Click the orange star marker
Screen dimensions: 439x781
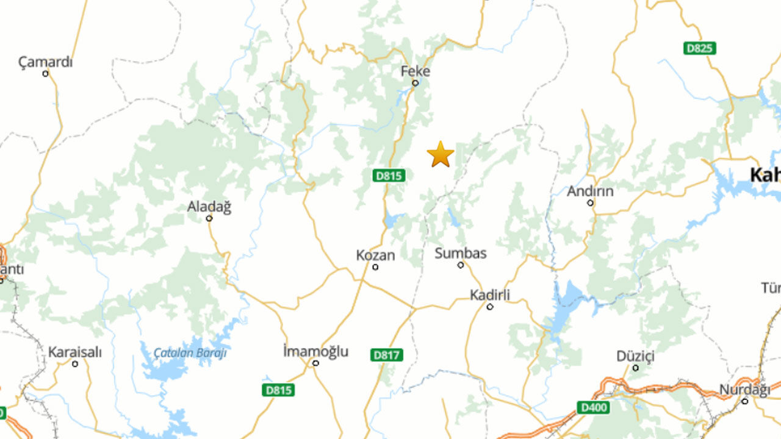(440, 154)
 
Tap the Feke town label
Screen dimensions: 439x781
(415, 71)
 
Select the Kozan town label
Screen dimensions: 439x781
(375, 255)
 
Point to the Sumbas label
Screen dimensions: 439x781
(460, 253)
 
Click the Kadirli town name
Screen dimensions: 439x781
(489, 295)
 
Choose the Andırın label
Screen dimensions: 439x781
(590, 191)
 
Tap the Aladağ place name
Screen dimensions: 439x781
(209, 207)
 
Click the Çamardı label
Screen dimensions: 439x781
(45, 62)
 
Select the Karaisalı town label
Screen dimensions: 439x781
(75, 352)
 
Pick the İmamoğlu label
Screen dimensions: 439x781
(315, 351)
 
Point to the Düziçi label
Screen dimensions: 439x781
(635, 356)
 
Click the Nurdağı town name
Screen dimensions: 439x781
(744, 390)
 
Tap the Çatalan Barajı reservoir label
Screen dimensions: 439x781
(190, 353)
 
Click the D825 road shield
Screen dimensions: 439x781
(699, 48)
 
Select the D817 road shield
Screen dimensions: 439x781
(386, 354)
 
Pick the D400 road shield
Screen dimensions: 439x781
(593, 407)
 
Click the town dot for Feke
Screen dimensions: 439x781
(415, 83)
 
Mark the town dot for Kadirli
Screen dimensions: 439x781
(489, 307)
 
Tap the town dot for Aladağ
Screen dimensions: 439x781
(209, 218)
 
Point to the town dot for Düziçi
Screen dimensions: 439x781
(635, 368)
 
